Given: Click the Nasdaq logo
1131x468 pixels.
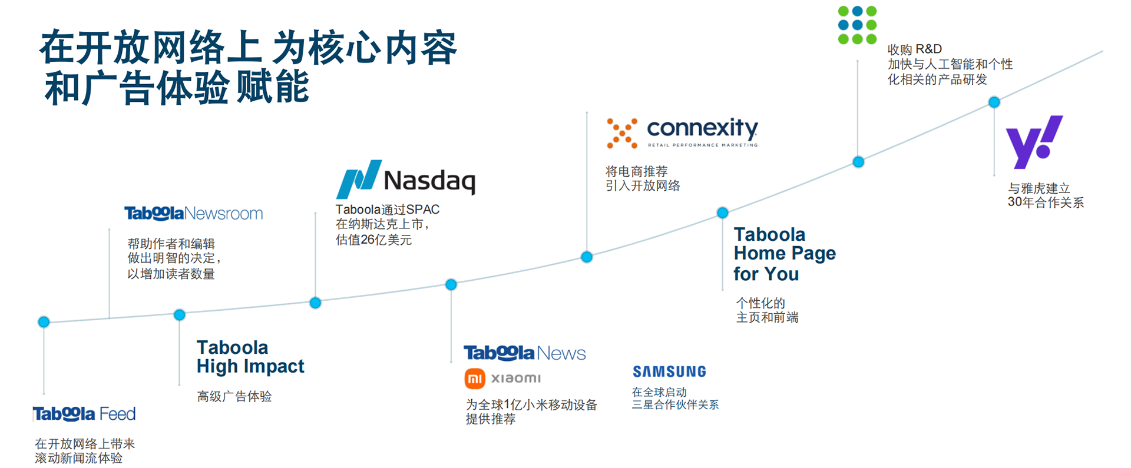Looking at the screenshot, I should coord(405,179).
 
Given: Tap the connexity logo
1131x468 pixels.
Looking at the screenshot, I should coord(682,132).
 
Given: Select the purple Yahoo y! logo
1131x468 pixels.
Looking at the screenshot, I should coord(1034,141).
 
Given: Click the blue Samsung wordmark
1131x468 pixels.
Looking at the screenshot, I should coord(669,371).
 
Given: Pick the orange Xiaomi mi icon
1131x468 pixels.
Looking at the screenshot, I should coord(475,379).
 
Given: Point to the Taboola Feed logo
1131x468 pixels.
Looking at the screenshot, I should coord(84,414).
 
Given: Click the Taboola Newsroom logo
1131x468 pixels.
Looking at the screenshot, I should coord(193,213).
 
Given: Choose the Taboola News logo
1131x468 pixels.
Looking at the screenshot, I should coord(524,353).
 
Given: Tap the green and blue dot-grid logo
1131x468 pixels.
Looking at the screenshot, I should coord(857,25).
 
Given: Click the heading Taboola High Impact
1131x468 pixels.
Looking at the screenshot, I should coord(250,357).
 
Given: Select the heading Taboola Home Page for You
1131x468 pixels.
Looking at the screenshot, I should coord(784,254).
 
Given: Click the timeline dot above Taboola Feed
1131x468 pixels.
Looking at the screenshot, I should coord(44,322).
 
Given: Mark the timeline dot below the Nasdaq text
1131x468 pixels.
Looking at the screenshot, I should coord(315,303).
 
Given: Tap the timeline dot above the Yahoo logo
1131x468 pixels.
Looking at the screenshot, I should coord(994,102).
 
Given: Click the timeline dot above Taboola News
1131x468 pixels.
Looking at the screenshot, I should coord(451,285).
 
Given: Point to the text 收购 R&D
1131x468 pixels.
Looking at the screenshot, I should coord(914,49).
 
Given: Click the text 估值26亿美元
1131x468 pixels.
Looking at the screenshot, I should coord(373,240).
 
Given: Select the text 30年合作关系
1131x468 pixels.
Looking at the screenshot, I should coord(1046,203).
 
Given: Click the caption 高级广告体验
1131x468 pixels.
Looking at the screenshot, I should coord(234,396).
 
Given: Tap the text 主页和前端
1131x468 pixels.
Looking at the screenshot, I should coord(767,317).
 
